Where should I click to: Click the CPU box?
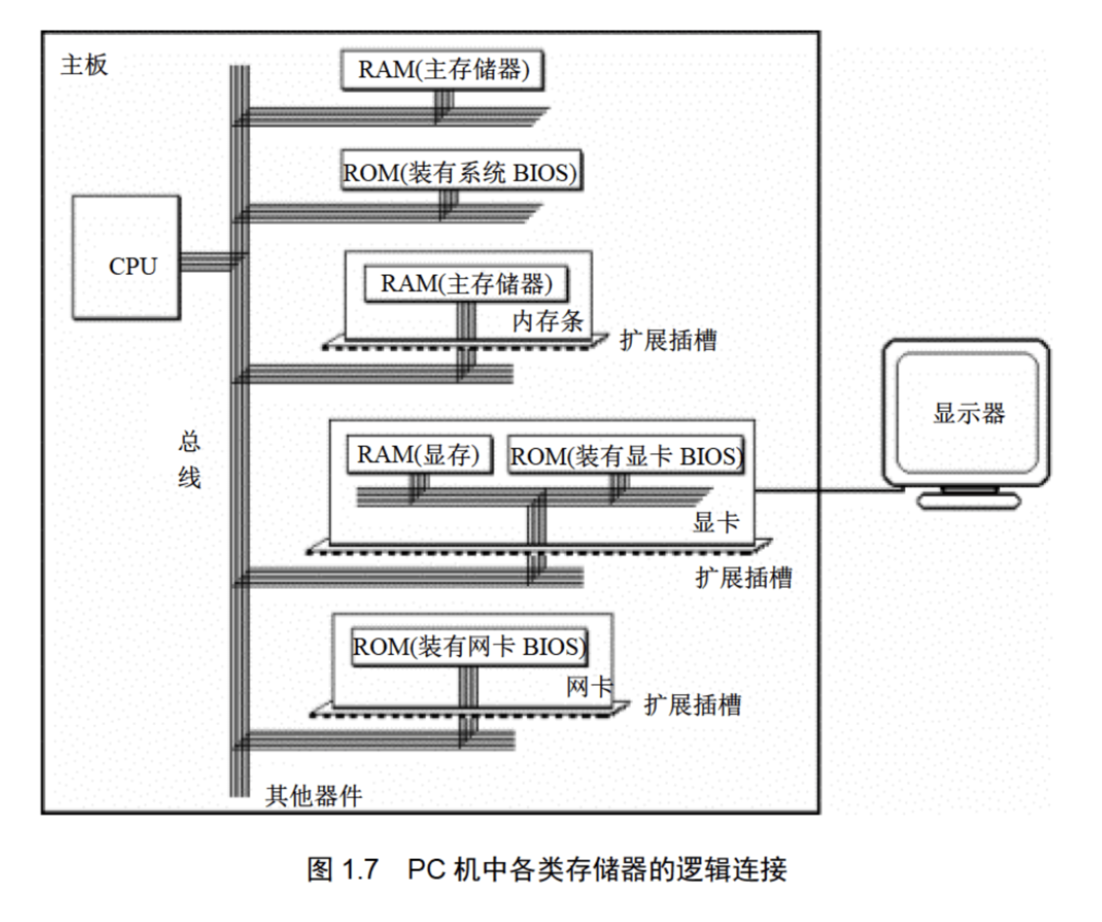(x=126, y=257)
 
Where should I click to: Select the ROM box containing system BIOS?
(x=461, y=172)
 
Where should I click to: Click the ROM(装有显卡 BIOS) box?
(x=626, y=456)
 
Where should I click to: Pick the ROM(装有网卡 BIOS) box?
(x=469, y=646)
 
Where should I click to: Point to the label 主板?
(x=84, y=65)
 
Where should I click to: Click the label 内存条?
(x=547, y=322)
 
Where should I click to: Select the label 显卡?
(x=716, y=522)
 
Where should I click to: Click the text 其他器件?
(x=313, y=796)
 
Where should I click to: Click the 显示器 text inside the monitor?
(x=968, y=413)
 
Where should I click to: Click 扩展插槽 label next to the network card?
(x=692, y=705)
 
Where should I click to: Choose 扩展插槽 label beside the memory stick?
(x=668, y=341)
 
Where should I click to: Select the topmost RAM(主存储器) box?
(x=443, y=70)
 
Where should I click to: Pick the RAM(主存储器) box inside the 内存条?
(x=466, y=283)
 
